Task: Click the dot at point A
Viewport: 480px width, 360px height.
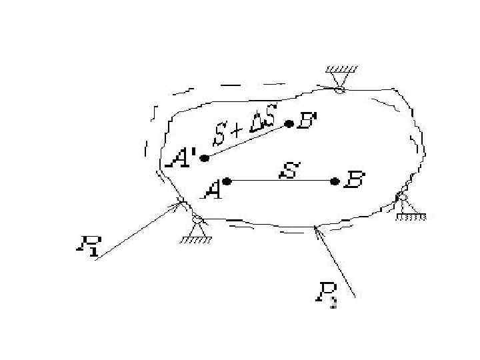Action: (x=227, y=181)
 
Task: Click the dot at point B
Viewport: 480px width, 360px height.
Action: (x=334, y=181)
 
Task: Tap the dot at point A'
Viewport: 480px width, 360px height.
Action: (x=204, y=158)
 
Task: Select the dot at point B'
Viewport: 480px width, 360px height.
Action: (x=289, y=123)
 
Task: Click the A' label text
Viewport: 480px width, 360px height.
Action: (x=183, y=159)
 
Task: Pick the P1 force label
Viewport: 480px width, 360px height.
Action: (x=87, y=247)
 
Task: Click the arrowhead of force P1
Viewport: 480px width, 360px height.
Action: (x=179, y=205)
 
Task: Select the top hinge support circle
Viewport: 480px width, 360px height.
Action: (x=340, y=89)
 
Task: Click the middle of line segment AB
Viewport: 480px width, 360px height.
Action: (x=280, y=181)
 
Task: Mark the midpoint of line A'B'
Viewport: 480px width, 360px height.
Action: (x=247, y=141)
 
